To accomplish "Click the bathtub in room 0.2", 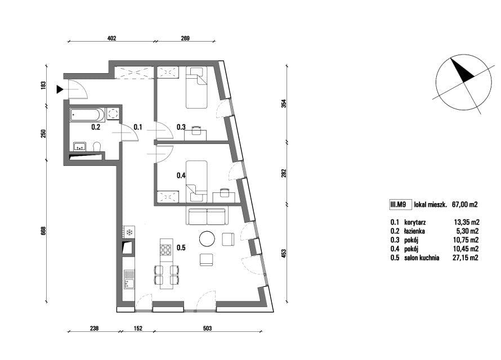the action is tap(87, 115).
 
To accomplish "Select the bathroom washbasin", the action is tap(79, 146).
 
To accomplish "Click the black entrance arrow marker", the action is tap(60, 89).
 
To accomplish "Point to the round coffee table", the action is tap(207, 238).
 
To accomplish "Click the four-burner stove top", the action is tap(166, 250).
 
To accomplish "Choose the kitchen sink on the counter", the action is tap(129, 279).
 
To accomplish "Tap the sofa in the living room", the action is tap(207, 217).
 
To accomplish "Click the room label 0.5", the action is tap(181, 247).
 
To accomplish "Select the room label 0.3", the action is tap(181, 127).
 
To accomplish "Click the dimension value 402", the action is tap(111, 38).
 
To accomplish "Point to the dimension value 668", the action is tap(44, 231).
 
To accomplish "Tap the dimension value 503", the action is tap(207, 328).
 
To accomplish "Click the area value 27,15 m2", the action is tap(466, 258).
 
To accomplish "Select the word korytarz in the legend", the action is tap(415, 222).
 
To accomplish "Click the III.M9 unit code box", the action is tap(399, 205).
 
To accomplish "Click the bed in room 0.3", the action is tap(197, 87).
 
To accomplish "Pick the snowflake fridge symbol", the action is tap(129, 232).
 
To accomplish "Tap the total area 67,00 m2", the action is tap(464, 205).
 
